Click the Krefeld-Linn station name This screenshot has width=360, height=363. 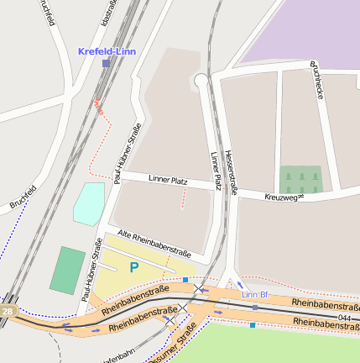[x=106, y=51]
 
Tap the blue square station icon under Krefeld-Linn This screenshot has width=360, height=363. [x=106, y=63]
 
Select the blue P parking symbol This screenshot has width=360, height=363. [x=133, y=268]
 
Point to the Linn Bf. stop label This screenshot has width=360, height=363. [x=255, y=294]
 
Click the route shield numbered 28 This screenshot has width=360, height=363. [x=8, y=312]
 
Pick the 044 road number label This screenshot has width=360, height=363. [x=345, y=318]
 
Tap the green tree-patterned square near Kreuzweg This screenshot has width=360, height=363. [x=300, y=179]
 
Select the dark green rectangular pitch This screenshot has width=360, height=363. [x=67, y=269]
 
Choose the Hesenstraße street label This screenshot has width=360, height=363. [x=231, y=172]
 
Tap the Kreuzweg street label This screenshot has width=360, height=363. [x=281, y=197]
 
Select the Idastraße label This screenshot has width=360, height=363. [x=107, y=13]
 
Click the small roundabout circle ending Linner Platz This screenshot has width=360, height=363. [x=201, y=81]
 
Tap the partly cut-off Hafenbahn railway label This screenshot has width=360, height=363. [x=117, y=357]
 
